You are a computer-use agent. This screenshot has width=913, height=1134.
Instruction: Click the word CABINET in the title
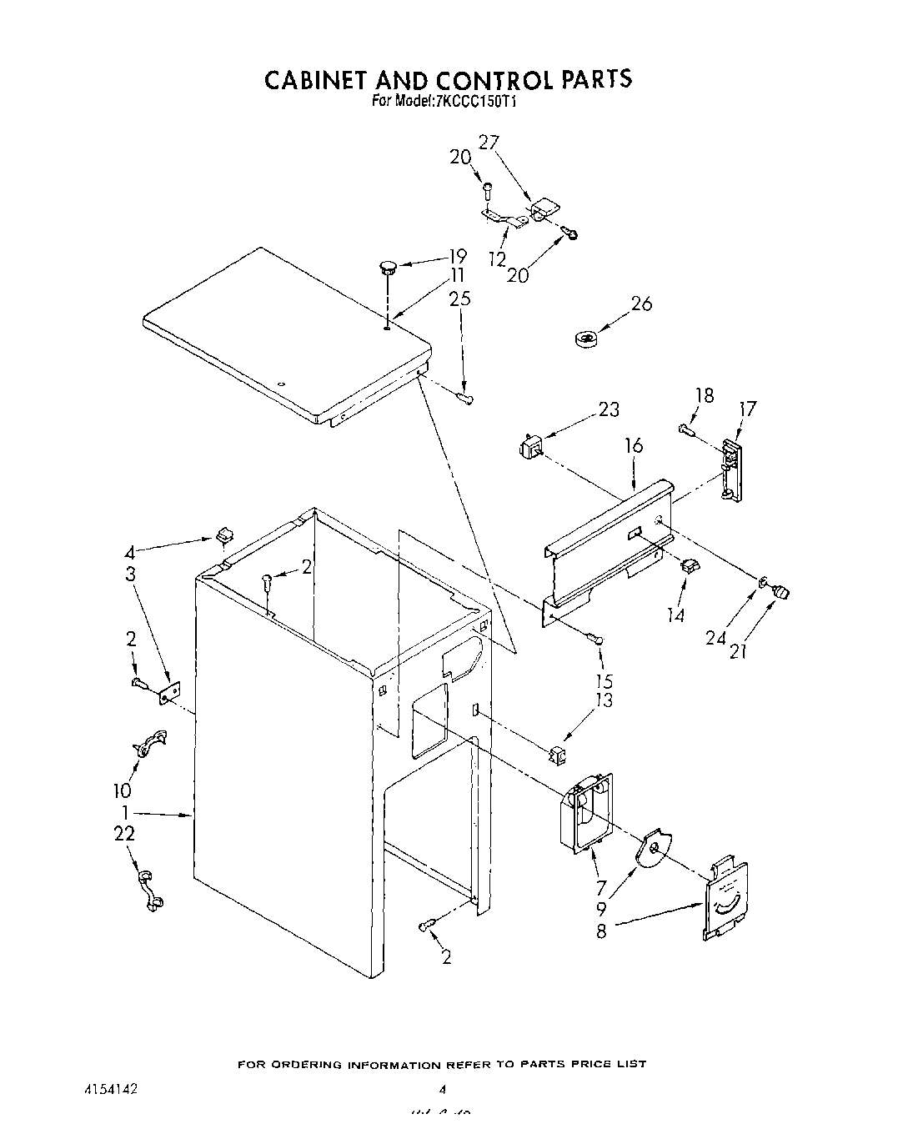pyautogui.click(x=317, y=79)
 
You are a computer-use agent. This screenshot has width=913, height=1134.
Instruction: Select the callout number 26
pyautogui.click(x=641, y=304)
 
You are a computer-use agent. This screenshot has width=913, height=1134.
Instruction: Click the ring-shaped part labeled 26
pyautogui.click(x=587, y=338)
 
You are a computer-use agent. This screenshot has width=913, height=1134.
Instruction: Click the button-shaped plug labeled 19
pyautogui.click(x=388, y=267)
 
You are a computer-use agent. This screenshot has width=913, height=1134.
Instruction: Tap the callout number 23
pyautogui.click(x=609, y=409)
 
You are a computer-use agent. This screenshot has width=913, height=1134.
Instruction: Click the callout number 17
pyautogui.click(x=747, y=409)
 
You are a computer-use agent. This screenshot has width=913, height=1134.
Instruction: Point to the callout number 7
pyautogui.click(x=601, y=866)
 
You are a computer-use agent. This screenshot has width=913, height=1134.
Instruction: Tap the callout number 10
pyautogui.click(x=122, y=790)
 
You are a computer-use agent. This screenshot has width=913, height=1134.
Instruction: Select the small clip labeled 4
pyautogui.click(x=223, y=534)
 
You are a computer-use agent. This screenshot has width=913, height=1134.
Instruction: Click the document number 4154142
pyautogui.click(x=110, y=1090)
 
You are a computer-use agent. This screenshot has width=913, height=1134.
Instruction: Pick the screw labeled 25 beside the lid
pyautogui.click(x=465, y=399)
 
